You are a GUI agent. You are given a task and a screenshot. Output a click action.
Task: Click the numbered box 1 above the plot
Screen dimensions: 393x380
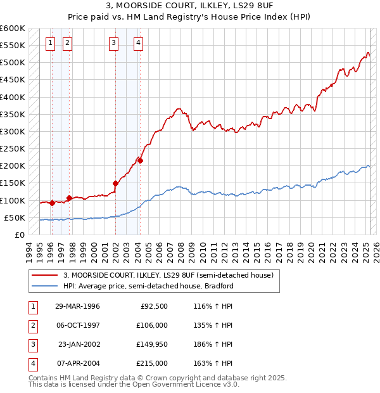pyautogui.click(x=51, y=43)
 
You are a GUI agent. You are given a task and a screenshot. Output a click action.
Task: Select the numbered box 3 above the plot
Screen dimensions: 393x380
pyautogui.click(x=113, y=43)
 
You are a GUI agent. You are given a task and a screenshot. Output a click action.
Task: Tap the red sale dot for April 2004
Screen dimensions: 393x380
pyautogui.click(x=140, y=161)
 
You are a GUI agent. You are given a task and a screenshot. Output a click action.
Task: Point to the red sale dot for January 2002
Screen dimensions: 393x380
pyautogui.click(x=116, y=183)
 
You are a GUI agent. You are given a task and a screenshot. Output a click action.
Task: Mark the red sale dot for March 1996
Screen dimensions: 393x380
pyautogui.click(x=52, y=203)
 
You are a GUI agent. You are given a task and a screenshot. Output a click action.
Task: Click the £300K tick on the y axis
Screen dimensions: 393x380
pyautogui.click(x=13, y=131)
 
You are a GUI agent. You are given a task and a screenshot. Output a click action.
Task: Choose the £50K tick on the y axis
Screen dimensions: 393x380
pyautogui.click(x=15, y=217)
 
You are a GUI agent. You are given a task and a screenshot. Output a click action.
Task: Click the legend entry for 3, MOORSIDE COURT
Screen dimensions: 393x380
pyautogui.click(x=168, y=275)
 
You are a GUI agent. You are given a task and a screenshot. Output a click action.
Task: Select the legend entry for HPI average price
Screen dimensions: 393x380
pyautogui.click(x=148, y=286)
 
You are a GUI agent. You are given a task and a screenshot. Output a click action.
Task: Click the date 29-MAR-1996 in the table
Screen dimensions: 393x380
pyautogui.click(x=78, y=306)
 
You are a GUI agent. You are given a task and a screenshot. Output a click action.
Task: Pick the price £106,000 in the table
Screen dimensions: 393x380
pyautogui.click(x=152, y=325)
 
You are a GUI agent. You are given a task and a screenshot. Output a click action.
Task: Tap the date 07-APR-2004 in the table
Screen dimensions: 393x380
pyautogui.click(x=78, y=363)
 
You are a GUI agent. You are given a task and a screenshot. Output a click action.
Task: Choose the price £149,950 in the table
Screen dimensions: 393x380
pyautogui.click(x=152, y=344)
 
